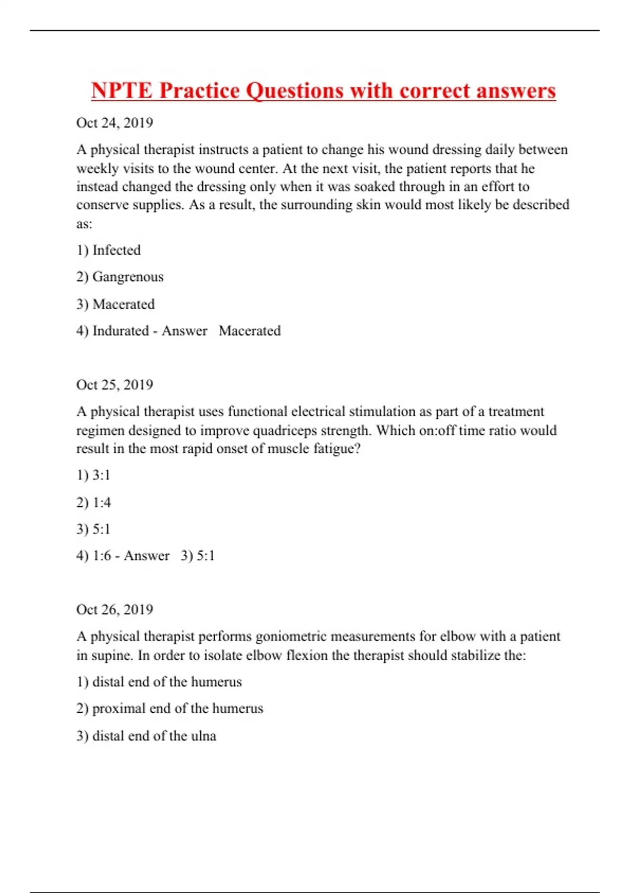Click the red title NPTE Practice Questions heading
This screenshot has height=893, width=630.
click(x=323, y=90)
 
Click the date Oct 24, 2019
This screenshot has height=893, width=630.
click(x=114, y=123)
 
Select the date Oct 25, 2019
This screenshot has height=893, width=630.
click(x=114, y=385)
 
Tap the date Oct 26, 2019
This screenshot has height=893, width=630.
click(x=114, y=610)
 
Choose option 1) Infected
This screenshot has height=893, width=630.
click(x=109, y=250)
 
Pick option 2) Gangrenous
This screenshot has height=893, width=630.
click(x=120, y=277)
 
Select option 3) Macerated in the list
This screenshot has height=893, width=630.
click(x=115, y=304)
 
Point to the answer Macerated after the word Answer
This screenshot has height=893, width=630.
click(x=250, y=331)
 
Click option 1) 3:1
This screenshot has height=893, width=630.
click(x=93, y=475)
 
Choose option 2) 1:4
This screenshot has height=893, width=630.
click(x=93, y=503)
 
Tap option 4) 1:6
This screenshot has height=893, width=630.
click(x=93, y=556)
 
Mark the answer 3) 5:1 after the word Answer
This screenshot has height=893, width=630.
click(x=198, y=556)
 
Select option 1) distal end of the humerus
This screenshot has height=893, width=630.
click(x=159, y=682)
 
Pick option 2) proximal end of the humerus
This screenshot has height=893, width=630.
click(x=170, y=709)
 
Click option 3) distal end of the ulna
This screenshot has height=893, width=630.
click(x=146, y=736)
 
